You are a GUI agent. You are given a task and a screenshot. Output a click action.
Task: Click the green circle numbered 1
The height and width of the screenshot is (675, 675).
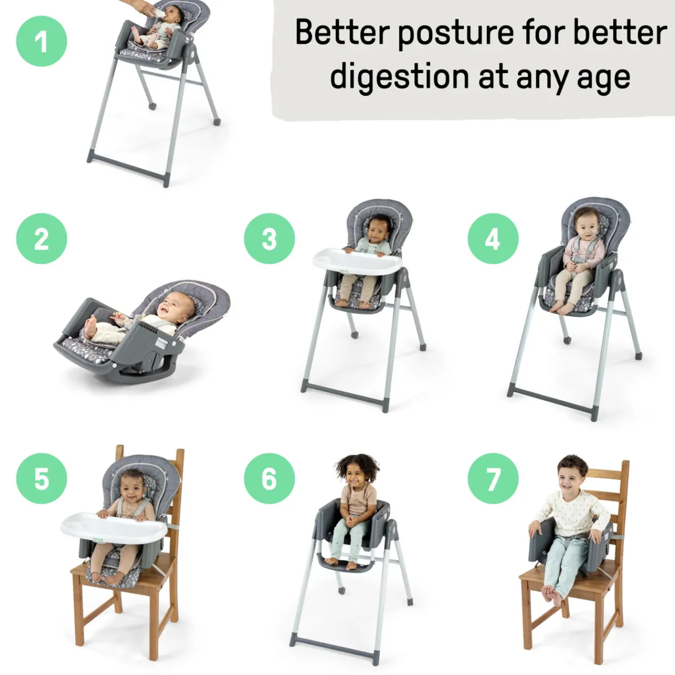(42, 42)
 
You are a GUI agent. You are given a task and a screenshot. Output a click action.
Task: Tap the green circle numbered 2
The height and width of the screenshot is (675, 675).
(42, 239)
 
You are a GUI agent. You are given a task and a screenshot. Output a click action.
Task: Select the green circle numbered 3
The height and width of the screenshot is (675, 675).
(269, 239)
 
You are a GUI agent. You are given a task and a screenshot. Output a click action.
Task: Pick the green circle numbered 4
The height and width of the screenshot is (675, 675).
(493, 239)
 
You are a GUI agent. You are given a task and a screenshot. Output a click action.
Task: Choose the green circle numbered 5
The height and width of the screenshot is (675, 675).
(42, 478)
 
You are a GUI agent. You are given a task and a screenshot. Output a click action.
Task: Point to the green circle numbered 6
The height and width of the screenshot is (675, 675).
(269, 478)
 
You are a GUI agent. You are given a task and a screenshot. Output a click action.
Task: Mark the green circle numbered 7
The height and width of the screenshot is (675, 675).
(493, 478)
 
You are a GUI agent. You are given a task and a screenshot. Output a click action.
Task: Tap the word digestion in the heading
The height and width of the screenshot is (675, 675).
(399, 77)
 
